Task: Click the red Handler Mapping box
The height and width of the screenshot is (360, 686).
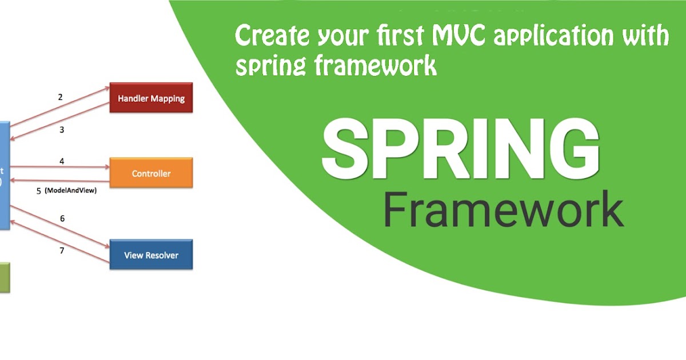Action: [x=151, y=98]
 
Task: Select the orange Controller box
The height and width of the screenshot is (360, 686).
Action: [x=151, y=173]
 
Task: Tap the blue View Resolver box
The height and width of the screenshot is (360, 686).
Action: [x=151, y=255]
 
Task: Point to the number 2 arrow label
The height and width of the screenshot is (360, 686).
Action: [x=61, y=97]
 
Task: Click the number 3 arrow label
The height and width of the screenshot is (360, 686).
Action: [x=62, y=130]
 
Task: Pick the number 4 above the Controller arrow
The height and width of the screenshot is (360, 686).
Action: [x=62, y=162]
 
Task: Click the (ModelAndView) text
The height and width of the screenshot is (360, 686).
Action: [x=70, y=191]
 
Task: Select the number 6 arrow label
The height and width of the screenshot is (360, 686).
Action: [x=62, y=218]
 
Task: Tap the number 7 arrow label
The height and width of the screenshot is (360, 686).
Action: [x=62, y=250]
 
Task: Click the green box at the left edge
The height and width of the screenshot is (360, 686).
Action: [x=5, y=278]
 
